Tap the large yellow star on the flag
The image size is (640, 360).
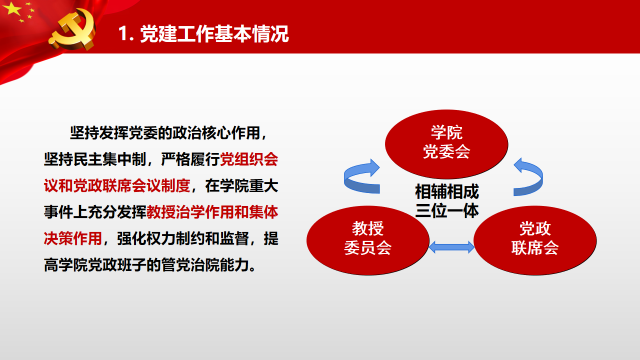[x=12, y=8]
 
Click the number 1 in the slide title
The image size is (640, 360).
[x=123, y=33]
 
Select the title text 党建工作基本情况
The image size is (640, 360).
[x=214, y=33]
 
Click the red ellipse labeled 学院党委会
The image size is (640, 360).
[x=446, y=144]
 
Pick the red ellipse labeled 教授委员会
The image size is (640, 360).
[x=367, y=240]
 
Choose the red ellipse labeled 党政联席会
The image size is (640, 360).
[x=535, y=240]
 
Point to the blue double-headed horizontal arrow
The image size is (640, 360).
[x=451, y=247]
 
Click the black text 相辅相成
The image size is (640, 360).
[x=447, y=191]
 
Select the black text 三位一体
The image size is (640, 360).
[x=447, y=211]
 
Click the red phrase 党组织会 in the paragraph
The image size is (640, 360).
[x=249, y=159]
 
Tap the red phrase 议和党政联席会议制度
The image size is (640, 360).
[x=117, y=185]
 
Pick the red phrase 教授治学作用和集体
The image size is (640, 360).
[x=212, y=212]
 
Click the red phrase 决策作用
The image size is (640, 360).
[x=73, y=238]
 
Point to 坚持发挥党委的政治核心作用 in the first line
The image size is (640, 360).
[x=165, y=133]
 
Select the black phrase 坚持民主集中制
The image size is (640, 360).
[x=95, y=159]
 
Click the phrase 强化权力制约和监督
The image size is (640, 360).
[x=183, y=238]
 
